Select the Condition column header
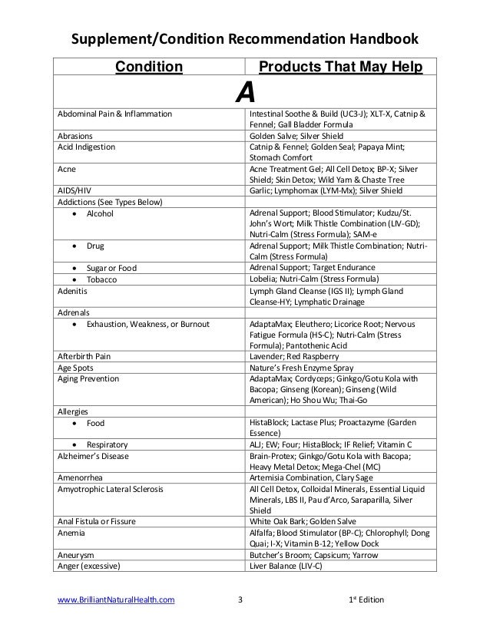point(149,68)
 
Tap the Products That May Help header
point(341,68)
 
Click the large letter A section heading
point(244,94)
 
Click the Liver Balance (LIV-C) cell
point(286,566)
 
